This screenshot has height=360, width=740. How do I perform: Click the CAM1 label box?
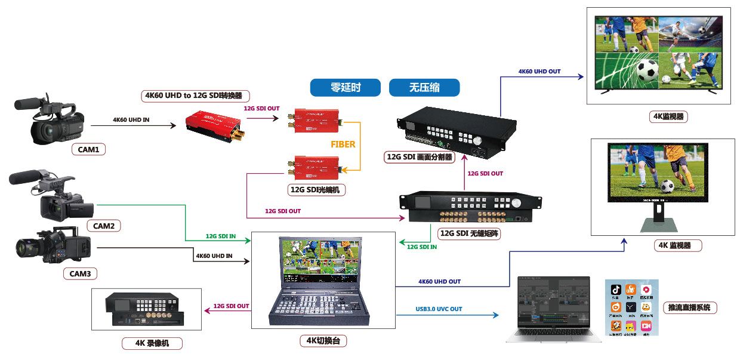pos(88,149)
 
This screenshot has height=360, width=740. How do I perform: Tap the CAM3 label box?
pos(80,274)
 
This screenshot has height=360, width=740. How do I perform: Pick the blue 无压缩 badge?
pos(424,88)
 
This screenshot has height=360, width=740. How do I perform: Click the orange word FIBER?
pos(343,144)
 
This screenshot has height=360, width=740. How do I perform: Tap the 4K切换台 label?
pos(323,341)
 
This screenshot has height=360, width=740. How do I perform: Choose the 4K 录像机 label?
pos(152,343)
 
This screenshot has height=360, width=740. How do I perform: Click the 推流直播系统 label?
pos(690,308)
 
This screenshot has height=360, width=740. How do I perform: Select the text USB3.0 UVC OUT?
pos(439,309)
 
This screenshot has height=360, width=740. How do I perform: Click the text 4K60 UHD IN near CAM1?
pos(131,120)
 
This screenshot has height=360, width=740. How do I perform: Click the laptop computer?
pos(547,309)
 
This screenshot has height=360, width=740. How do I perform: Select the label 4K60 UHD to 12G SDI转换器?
pos(197,96)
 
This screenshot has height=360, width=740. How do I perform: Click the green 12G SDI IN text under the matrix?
pos(421,247)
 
